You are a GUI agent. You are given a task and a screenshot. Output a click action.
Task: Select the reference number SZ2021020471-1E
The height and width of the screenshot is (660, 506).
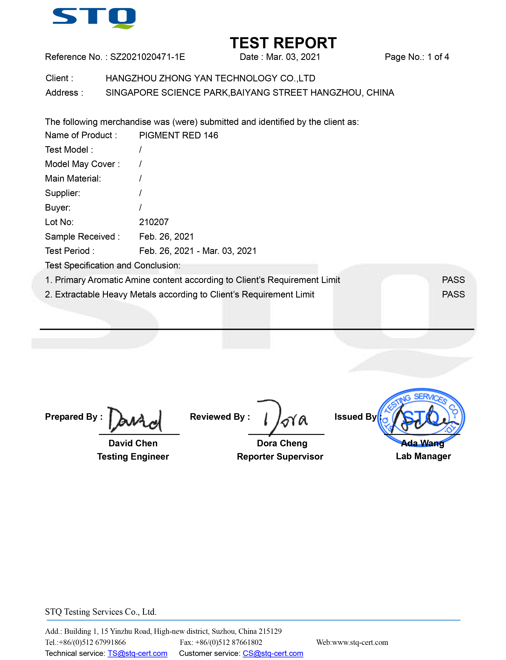147,57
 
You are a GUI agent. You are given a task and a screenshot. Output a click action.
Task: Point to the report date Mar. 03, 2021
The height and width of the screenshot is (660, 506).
293,57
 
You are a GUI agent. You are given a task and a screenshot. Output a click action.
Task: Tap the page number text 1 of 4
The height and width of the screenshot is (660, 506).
438,57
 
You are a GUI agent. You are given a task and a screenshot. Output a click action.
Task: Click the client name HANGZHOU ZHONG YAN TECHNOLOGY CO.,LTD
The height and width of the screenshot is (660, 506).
210,78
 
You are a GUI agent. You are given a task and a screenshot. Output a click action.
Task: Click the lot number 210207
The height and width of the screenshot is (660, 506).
154,222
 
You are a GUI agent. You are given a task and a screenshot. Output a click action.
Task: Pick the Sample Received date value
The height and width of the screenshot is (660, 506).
166,237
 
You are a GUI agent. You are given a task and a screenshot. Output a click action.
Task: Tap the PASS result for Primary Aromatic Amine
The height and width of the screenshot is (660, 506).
453,280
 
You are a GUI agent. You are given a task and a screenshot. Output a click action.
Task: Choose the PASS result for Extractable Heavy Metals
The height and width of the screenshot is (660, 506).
453,294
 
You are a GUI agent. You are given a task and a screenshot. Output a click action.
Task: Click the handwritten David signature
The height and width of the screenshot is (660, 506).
135,420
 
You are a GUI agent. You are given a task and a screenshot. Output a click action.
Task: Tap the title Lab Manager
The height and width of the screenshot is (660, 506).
423,456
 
